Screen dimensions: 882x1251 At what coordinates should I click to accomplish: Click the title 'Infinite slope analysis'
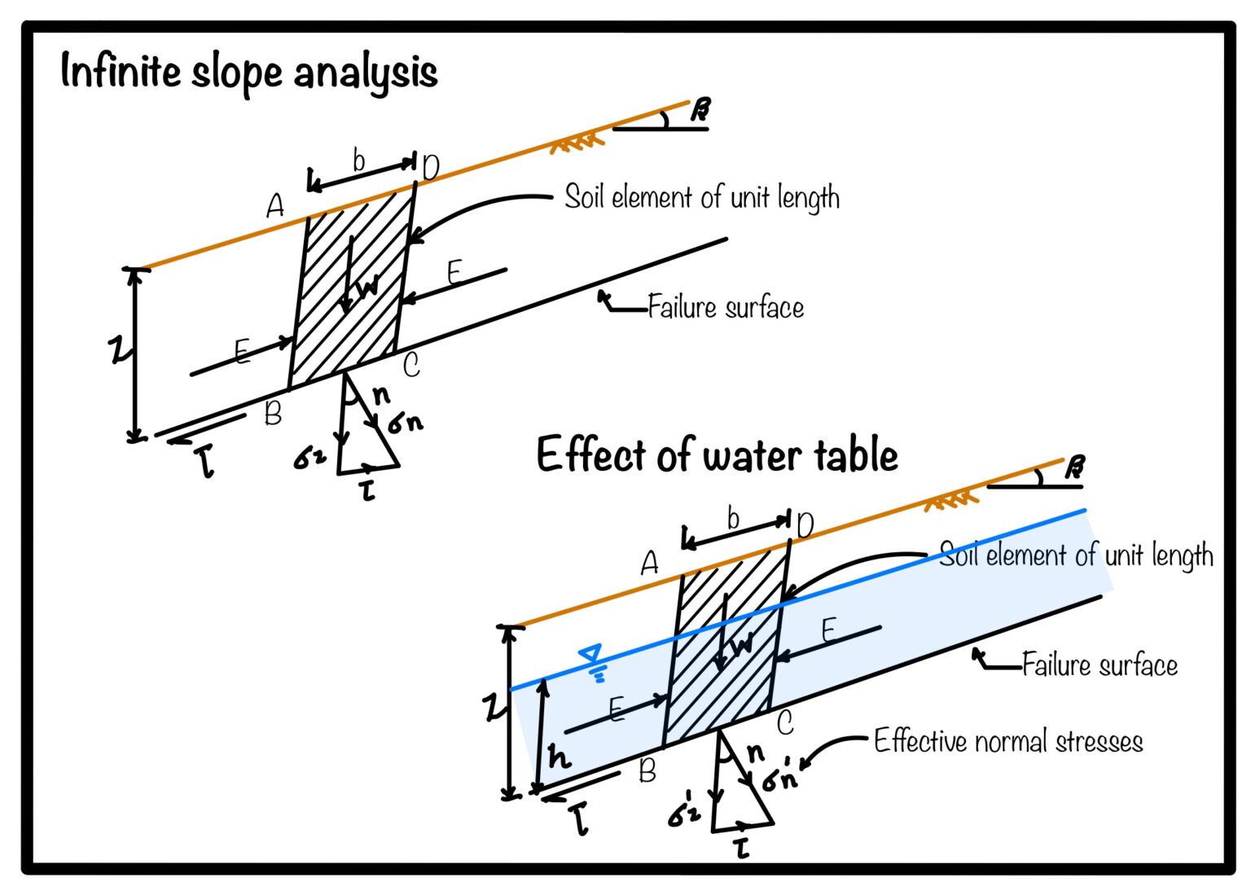[248, 72]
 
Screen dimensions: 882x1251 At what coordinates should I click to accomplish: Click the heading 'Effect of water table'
[717, 454]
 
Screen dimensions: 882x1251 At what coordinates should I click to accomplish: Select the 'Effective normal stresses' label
[1007, 741]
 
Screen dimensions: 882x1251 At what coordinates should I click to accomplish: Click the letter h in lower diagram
[558, 757]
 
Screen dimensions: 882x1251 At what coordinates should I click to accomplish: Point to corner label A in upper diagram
[275, 206]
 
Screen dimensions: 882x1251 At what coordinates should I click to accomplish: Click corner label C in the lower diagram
[785, 723]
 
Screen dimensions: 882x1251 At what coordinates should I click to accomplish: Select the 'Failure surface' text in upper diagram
[725, 308]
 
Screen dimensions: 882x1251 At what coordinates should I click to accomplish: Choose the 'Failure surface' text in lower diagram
[1100, 665]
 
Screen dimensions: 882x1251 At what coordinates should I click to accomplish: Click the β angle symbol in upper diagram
[700, 109]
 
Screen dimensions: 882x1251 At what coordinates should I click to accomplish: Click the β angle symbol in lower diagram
[1074, 467]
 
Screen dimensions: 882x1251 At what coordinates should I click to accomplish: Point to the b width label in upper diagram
[358, 160]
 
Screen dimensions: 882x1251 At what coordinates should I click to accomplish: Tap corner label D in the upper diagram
[430, 168]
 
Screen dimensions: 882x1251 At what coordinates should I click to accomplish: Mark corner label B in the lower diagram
[647, 770]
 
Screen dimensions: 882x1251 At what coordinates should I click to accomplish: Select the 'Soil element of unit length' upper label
[701, 198]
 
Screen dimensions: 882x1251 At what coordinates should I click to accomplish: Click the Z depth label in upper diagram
[119, 350]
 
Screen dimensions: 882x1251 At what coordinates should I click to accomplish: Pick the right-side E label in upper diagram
[454, 272]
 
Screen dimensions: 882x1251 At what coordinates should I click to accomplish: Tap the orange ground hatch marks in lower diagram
[950, 500]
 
